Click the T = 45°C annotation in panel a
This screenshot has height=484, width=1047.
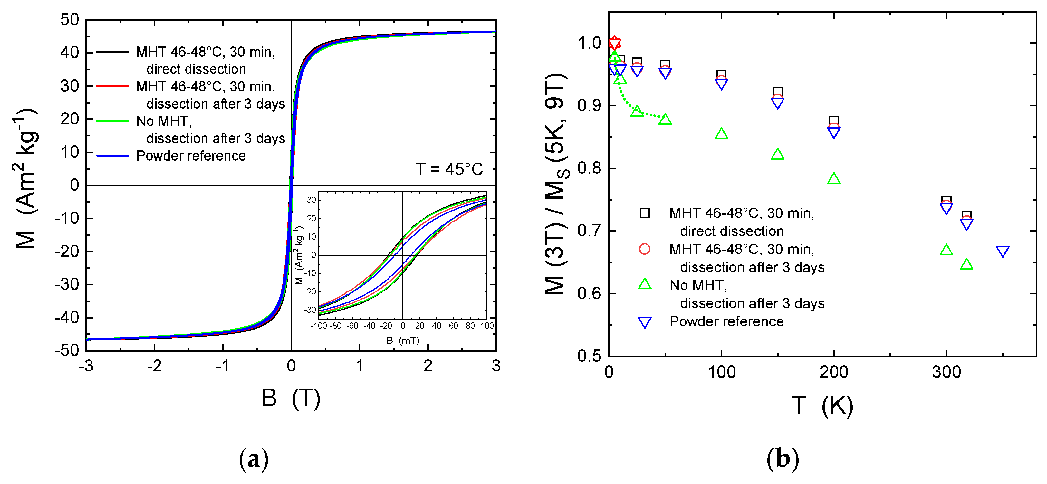pyautogui.click(x=448, y=169)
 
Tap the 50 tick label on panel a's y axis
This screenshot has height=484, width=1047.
pyautogui.click(x=70, y=20)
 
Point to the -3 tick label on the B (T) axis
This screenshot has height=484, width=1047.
pyautogui.click(x=86, y=366)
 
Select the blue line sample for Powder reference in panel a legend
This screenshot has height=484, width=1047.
pyautogui.click(x=112, y=156)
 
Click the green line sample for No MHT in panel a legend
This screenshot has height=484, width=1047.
pyautogui.click(x=112, y=121)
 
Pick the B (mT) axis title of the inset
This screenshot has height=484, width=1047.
pyautogui.click(x=402, y=340)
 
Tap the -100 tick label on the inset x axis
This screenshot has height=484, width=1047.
pyautogui.click(x=318, y=326)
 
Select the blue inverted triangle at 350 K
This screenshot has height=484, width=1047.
pyautogui.click(x=1002, y=252)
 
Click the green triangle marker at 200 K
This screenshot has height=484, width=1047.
pyautogui.click(x=834, y=179)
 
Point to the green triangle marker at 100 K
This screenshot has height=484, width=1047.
pyautogui.click(x=721, y=134)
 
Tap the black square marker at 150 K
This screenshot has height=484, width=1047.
pyautogui.click(x=777, y=92)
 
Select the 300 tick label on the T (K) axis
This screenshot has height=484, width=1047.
pyautogui.click(x=946, y=372)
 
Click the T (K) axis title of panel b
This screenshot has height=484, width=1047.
pyautogui.click(x=822, y=406)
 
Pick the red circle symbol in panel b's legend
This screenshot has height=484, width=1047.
pyautogui.click(x=645, y=249)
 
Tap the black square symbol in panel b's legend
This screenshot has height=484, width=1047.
pyautogui.click(x=645, y=213)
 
